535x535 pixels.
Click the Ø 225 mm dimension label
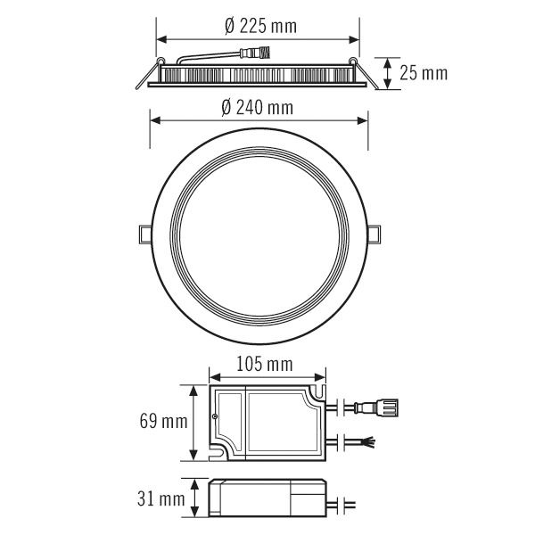point(259,27)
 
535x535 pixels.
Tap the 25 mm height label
point(423,73)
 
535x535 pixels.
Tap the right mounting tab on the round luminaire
point(376,233)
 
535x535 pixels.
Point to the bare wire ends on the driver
point(366,440)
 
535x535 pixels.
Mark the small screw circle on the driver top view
point(214,416)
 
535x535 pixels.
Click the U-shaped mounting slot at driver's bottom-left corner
point(217,453)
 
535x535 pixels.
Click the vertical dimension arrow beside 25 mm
point(390,73)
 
